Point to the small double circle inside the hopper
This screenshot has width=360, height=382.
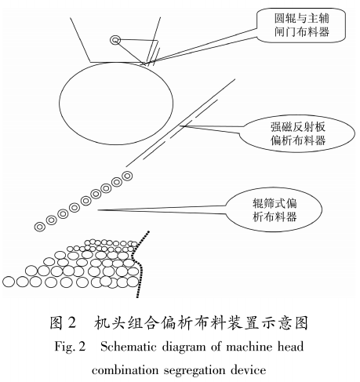[116, 40]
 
